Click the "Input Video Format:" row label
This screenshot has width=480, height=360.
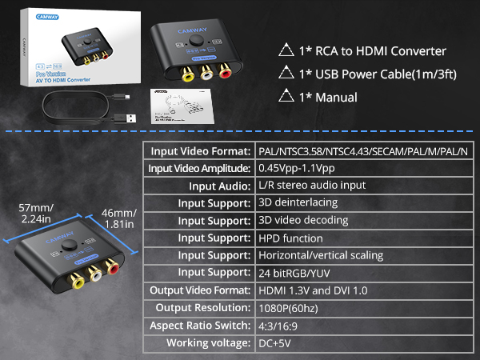pos(198,151)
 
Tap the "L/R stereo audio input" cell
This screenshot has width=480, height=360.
pos(311,186)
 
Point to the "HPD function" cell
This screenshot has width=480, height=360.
pos(290,238)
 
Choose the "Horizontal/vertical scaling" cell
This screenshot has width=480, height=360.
pos(320,255)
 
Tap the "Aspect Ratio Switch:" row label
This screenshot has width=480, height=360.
pos(200,326)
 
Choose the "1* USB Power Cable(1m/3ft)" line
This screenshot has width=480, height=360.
pos(368,74)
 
